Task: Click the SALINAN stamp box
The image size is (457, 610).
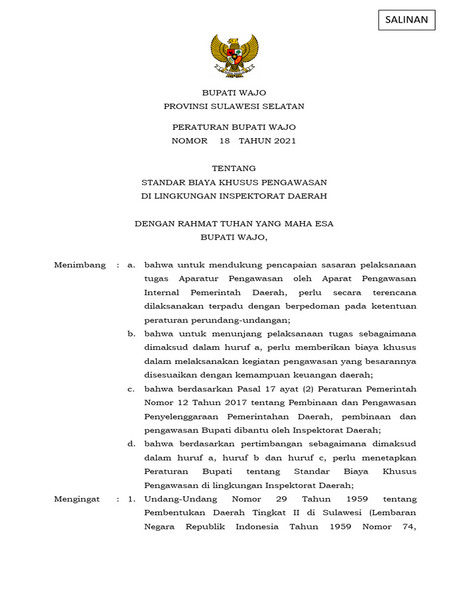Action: click(406, 20)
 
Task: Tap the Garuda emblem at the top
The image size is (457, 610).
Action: click(234, 56)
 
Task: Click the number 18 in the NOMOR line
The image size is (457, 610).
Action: click(224, 141)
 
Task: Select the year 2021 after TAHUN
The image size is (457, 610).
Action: click(281, 141)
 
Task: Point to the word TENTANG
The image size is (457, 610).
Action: click(234, 169)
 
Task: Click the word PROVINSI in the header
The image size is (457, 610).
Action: click(187, 107)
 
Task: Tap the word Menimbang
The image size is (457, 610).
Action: click(80, 265)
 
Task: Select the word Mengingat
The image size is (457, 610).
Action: click(77, 499)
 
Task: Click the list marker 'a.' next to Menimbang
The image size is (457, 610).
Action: click(132, 265)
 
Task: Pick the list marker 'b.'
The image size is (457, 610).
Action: click(132, 334)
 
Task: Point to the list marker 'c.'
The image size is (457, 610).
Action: click(132, 389)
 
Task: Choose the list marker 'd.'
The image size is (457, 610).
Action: click(132, 444)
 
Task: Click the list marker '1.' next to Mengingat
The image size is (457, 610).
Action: click(132, 499)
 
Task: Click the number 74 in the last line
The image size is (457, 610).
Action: click(407, 527)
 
